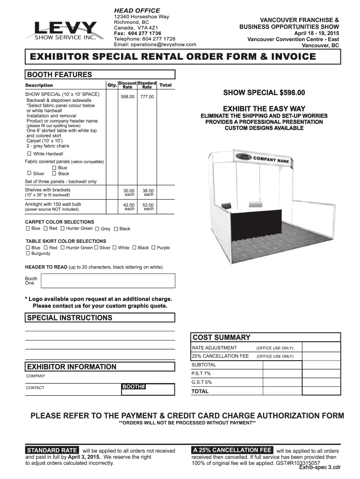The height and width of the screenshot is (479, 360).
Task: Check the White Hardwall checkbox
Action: pyautogui.click(x=29, y=154)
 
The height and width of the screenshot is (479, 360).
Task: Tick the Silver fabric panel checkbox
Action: pyautogui.click(x=29, y=174)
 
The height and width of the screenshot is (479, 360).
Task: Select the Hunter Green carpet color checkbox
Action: pyautogui.click(x=63, y=228)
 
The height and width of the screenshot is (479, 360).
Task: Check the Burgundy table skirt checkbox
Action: pyautogui.click(x=28, y=254)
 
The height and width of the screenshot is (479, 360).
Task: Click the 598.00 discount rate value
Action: pyautogui.click(x=127, y=97)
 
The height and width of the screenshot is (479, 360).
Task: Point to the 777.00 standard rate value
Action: pyautogui.click(x=147, y=97)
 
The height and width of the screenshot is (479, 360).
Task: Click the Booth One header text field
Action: pyautogui.click(x=108, y=281)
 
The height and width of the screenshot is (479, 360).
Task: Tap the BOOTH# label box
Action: pyautogui.click(x=134, y=387)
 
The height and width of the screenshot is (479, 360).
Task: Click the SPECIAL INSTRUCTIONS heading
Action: pyautogui.click(x=70, y=318)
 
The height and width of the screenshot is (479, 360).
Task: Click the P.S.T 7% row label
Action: pyautogui.click(x=201, y=373)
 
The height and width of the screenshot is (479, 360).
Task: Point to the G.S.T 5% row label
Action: pyautogui.click(x=202, y=382)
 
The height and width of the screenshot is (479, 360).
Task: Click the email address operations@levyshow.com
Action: pyautogui.click(x=155, y=45)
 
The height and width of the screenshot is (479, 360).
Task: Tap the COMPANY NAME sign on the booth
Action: pyautogui.click(x=271, y=161)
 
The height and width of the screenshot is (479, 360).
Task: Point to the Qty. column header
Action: pyautogui.click(x=112, y=85)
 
